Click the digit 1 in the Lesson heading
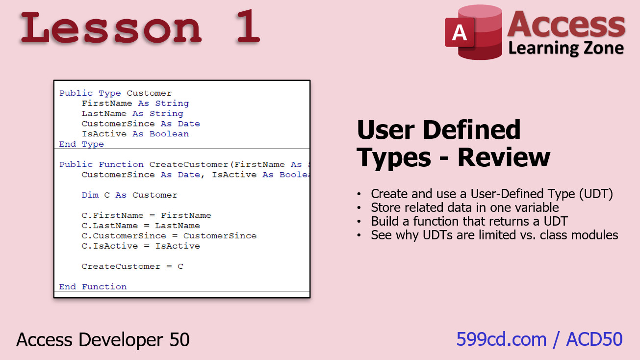tap(248, 26)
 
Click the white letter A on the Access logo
tap(459, 32)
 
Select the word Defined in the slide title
tap(471, 130)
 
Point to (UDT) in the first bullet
tap(596, 194)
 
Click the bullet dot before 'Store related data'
tap(359, 208)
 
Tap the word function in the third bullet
tap(436, 221)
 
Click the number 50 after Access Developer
tap(179, 340)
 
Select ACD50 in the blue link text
tap(594, 339)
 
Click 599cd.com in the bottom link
tap(501, 339)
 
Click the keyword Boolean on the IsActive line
tap(169, 134)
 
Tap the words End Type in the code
tap(81, 144)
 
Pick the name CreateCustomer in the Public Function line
tap(189, 164)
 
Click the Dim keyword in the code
tap(90, 195)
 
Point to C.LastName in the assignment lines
tap(110, 226)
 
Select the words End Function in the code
tap(93, 286)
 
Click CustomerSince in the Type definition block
tap(118, 124)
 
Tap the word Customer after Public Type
tap(149, 93)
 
